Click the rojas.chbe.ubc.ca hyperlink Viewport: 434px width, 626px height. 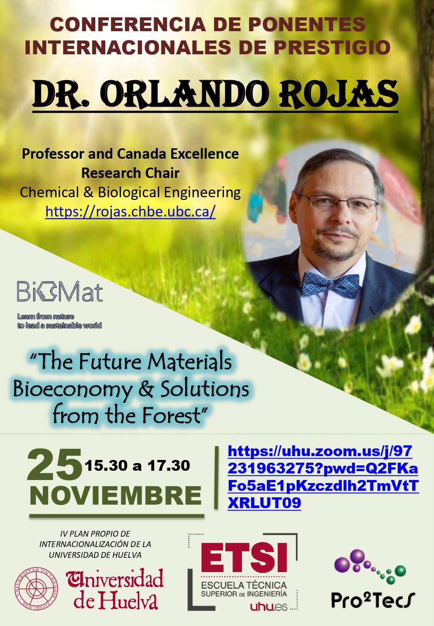click(x=130, y=211)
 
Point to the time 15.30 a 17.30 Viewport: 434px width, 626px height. click(x=137, y=466)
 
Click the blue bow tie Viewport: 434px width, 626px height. click(x=331, y=284)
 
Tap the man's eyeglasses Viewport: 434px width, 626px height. click(x=338, y=203)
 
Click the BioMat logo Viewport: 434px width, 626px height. click(x=59, y=292)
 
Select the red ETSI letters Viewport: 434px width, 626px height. click(x=244, y=557)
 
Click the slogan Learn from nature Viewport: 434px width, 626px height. click(x=46, y=316)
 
